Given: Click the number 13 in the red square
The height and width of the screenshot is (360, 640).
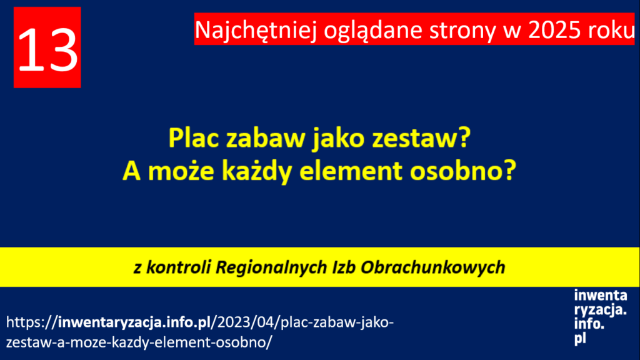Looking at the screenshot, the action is pyautogui.click(x=47, y=51).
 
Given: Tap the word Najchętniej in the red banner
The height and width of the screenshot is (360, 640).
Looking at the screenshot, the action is pyautogui.click(x=256, y=30).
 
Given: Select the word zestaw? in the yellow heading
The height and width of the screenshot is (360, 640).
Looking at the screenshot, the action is pyautogui.click(x=422, y=138).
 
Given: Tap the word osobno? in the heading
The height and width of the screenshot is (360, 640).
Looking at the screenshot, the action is pyautogui.click(x=463, y=171).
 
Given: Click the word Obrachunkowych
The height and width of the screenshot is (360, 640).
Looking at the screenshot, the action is pyautogui.click(x=433, y=267).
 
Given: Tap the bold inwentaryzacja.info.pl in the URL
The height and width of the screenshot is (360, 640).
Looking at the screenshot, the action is pyautogui.click(x=134, y=322).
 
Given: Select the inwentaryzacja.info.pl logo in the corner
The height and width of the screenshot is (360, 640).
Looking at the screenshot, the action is pyautogui.click(x=600, y=317).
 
